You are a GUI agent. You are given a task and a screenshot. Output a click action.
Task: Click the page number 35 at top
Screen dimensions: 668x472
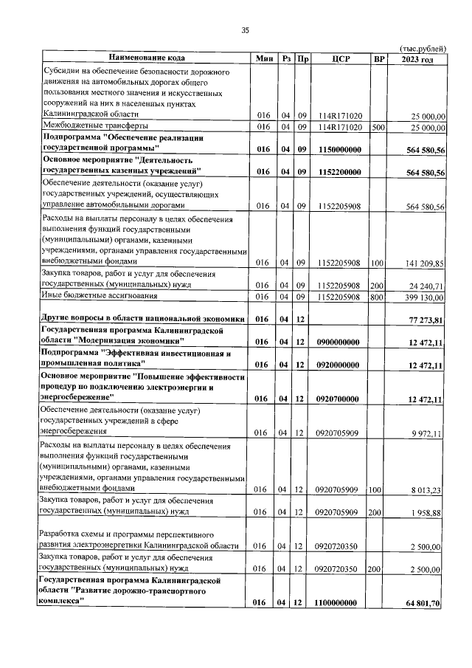pos(246,30)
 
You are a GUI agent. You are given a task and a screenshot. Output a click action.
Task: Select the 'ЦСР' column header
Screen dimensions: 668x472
pos(340,58)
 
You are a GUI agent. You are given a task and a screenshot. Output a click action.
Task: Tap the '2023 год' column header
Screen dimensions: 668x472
pos(417,58)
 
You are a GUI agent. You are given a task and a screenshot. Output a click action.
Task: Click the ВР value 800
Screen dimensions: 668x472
pos(378,297)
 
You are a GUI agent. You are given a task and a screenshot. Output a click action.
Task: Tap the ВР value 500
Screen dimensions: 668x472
pos(378,127)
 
